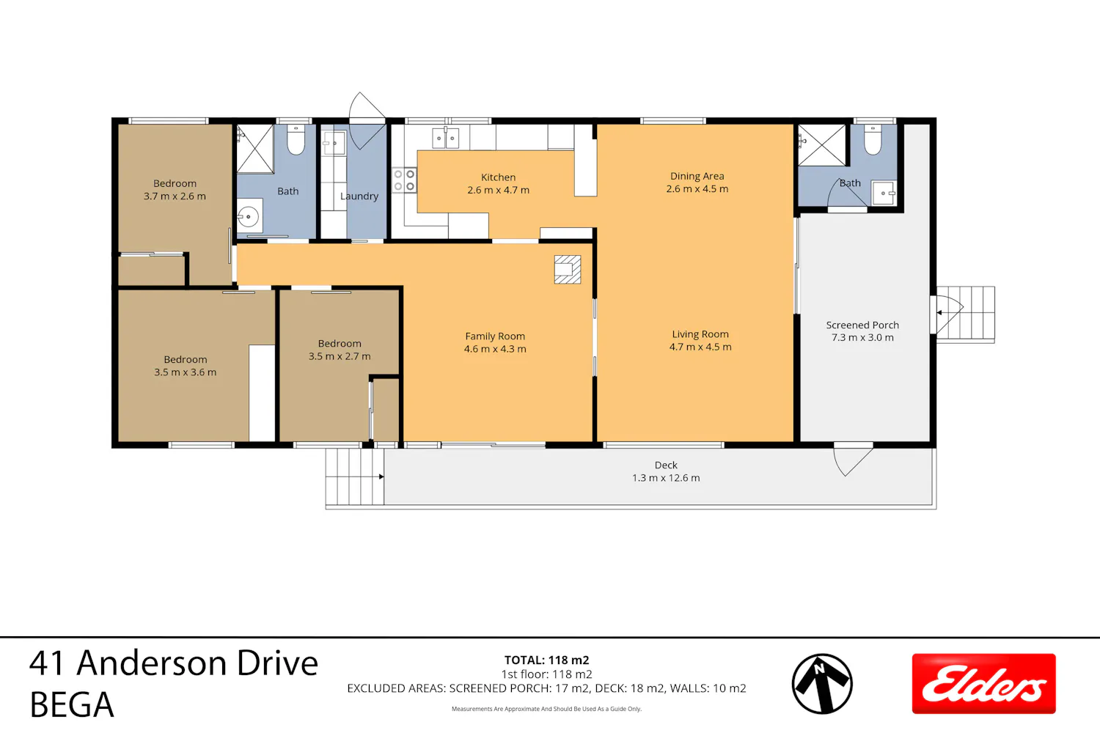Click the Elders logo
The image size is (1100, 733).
click(x=983, y=683)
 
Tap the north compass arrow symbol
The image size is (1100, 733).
click(x=822, y=684)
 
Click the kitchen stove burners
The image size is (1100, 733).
click(x=404, y=180)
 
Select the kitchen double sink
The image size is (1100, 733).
click(x=445, y=138)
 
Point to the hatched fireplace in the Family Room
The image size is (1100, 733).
click(x=568, y=270)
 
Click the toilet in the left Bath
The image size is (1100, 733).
click(x=296, y=140)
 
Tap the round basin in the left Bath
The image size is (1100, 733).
click(x=249, y=216)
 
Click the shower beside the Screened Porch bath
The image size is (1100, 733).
click(x=821, y=145)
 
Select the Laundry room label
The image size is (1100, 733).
click(x=359, y=196)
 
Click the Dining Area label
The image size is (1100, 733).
click(x=697, y=176)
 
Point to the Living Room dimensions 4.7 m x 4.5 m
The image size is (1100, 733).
click(x=700, y=347)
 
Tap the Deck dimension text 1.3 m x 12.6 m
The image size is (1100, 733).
click(x=666, y=478)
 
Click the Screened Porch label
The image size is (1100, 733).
click(x=862, y=325)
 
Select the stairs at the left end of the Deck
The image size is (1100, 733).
click(x=354, y=476)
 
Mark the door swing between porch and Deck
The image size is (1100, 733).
click(x=853, y=460)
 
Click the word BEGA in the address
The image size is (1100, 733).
click(x=72, y=705)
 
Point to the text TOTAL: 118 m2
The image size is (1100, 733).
click(x=546, y=660)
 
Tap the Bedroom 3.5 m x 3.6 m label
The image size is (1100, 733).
click(x=185, y=366)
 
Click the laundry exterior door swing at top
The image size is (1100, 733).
click(x=367, y=120)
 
